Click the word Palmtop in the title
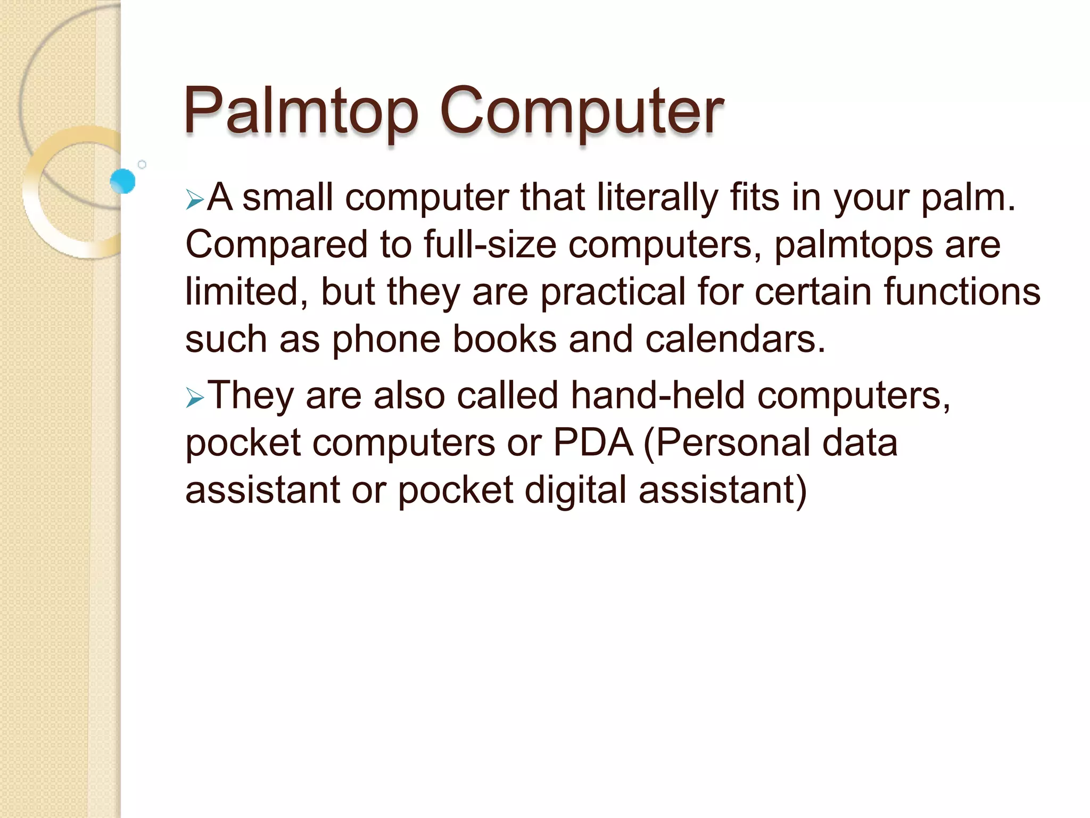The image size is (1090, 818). pyautogui.click(x=301, y=112)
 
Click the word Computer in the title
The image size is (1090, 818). pyautogui.click(x=582, y=112)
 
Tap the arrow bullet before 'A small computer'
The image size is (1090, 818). pyautogui.click(x=195, y=201)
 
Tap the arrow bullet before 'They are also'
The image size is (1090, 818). pyautogui.click(x=195, y=398)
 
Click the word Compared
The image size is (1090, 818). pyautogui.click(x=276, y=246)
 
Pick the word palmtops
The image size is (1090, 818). pyautogui.click(x=853, y=246)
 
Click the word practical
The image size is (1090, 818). pyautogui.click(x=613, y=292)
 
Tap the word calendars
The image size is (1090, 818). pyautogui.click(x=735, y=340)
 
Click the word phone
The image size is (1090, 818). pyautogui.click(x=386, y=340)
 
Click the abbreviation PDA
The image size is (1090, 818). pyautogui.click(x=593, y=443)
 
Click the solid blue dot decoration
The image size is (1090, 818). pyautogui.click(x=123, y=181)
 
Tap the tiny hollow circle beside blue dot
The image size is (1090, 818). pyautogui.click(x=142, y=165)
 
